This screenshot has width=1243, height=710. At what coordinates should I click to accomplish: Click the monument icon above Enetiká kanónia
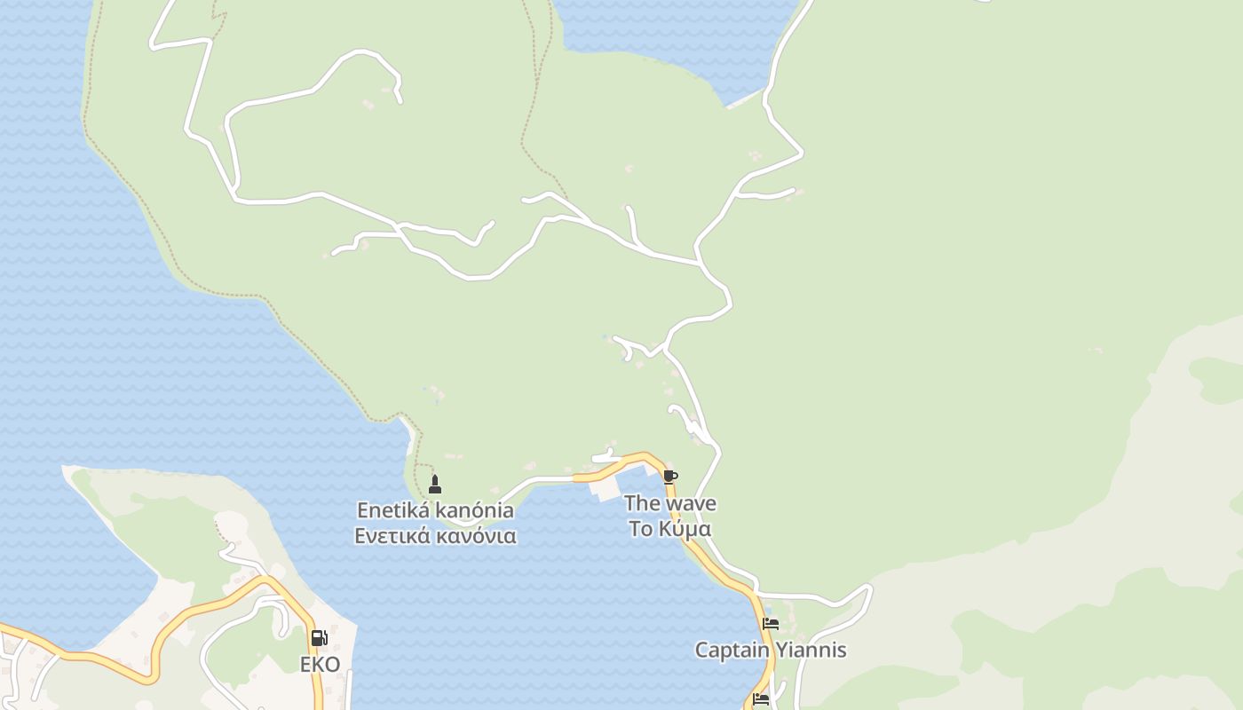(435, 485)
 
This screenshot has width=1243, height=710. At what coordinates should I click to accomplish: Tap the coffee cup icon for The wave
(670, 477)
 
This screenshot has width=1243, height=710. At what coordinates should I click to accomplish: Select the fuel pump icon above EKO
(319, 638)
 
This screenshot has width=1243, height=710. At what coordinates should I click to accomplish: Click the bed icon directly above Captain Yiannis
(771, 624)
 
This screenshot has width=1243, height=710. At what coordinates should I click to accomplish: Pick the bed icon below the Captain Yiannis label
(761, 699)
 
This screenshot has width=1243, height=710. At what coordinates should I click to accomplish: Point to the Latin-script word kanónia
(474, 510)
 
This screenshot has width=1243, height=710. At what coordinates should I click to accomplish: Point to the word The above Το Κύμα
(642, 503)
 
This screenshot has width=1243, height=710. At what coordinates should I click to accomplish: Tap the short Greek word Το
(641, 529)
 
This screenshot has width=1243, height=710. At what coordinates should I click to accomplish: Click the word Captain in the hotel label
(732, 650)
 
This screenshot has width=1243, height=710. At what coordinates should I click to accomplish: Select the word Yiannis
(811, 650)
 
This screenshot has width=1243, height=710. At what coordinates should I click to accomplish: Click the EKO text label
(320, 665)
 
